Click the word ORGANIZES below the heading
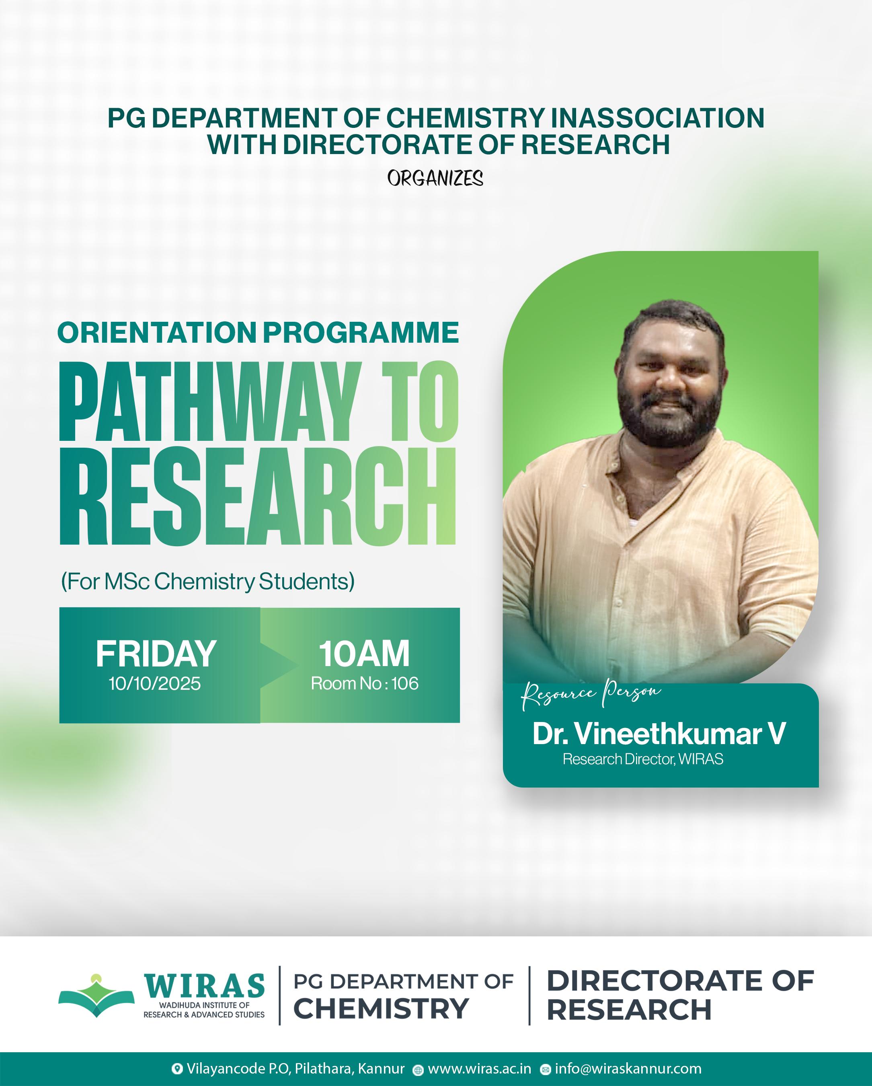pyautogui.click(x=435, y=178)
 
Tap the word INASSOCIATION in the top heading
pyautogui.click(x=658, y=118)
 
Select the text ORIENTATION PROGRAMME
pyautogui.click(x=258, y=333)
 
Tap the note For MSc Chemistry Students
pyautogui.click(x=208, y=581)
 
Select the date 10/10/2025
pyautogui.click(x=154, y=683)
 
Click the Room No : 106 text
pyautogui.click(x=365, y=683)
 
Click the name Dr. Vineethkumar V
pyautogui.click(x=659, y=734)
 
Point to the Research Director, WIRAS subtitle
pyautogui.click(x=643, y=759)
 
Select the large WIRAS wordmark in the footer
pyautogui.click(x=204, y=985)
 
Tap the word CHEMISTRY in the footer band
pyautogui.click(x=381, y=1009)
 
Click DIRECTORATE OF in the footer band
pyautogui.click(x=680, y=981)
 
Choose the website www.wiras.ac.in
pyautogui.click(x=479, y=1068)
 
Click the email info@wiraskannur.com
pyautogui.click(x=628, y=1068)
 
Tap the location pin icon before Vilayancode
pyautogui.click(x=177, y=1069)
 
